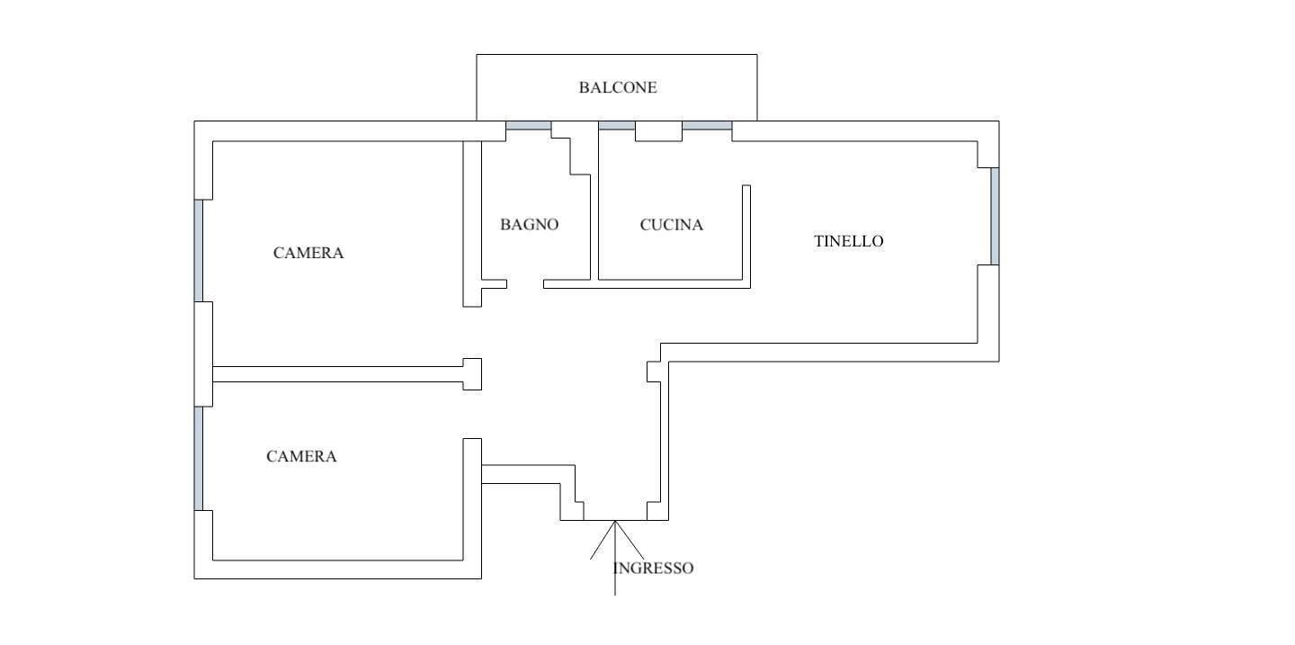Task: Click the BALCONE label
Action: (617, 88)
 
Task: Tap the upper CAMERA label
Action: (308, 254)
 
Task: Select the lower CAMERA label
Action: (301, 457)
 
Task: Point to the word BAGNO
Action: (529, 225)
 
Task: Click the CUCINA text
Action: (671, 225)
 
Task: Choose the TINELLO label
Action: (848, 241)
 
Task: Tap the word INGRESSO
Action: (654, 569)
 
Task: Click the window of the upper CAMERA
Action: (199, 250)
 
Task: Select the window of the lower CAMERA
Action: (199, 458)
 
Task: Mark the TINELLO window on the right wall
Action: (995, 216)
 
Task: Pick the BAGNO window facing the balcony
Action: (528, 125)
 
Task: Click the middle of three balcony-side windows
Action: (617, 125)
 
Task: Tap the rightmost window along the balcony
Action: (707, 125)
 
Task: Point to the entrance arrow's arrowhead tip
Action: (615, 522)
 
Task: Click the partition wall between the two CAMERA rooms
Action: (337, 374)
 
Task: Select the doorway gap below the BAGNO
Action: (525, 284)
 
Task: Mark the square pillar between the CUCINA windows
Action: (658, 130)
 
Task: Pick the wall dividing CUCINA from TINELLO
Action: (746, 234)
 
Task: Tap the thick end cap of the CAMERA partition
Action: (472, 374)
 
